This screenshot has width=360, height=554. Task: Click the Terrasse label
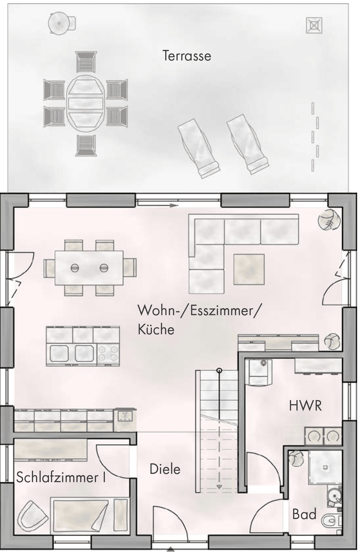click(x=187, y=56)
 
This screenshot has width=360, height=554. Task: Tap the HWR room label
click(x=305, y=406)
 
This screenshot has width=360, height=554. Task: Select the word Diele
click(x=165, y=469)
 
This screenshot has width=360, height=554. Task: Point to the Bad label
click(x=304, y=514)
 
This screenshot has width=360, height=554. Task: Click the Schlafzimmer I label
click(x=61, y=477)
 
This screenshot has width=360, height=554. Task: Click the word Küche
click(x=156, y=329)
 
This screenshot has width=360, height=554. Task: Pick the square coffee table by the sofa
click(x=249, y=269)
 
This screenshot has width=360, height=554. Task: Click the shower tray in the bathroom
click(x=325, y=467)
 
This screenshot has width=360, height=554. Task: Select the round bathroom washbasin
click(x=334, y=496)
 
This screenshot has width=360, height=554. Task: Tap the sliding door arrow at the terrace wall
click(x=173, y=206)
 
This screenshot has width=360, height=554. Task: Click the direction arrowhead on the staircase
click(x=219, y=487)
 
